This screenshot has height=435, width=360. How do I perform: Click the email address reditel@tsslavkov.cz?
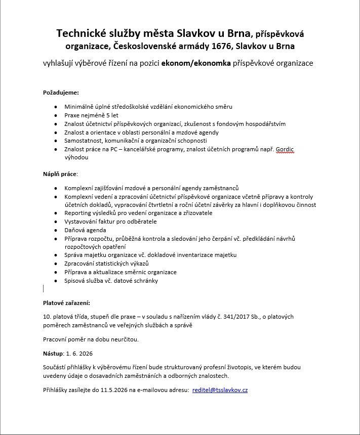[220, 390]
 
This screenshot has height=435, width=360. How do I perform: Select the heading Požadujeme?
[61, 93]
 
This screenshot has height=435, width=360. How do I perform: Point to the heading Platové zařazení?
[66, 303]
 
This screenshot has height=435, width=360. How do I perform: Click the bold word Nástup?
[53, 353]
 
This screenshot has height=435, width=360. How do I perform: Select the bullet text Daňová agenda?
[85, 230]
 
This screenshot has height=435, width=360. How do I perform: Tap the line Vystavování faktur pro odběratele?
[110, 222]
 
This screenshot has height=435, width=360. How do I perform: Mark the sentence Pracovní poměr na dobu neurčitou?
[90, 339]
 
